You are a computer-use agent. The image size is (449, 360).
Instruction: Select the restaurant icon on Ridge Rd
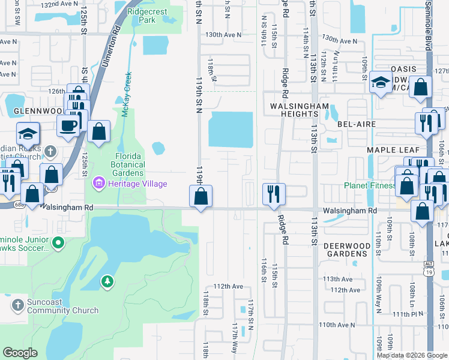tap(273, 194)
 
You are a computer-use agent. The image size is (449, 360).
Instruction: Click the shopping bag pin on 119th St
tap(200, 196)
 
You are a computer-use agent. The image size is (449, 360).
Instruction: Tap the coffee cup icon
tap(68, 125)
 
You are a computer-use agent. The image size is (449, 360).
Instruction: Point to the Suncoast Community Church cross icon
tap(17, 306)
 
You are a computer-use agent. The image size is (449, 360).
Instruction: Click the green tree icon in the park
tap(107, 281)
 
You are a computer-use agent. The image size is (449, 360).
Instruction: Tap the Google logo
tap(20, 353)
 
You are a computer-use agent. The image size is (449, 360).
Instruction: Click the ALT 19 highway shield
tap(427, 271)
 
